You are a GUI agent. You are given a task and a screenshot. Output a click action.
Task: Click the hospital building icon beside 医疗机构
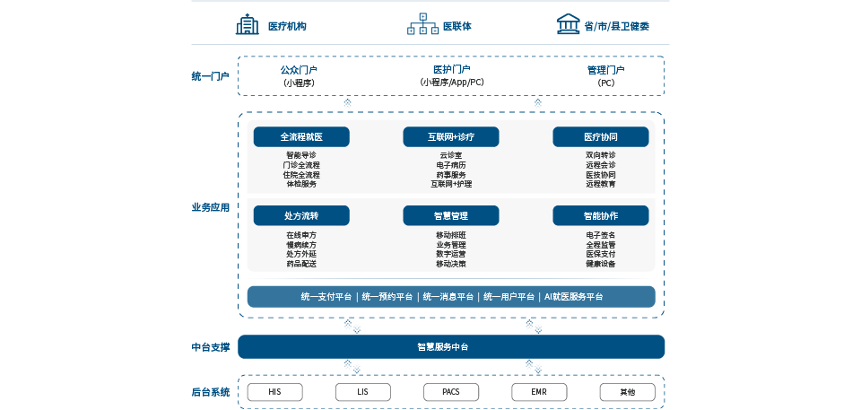click(x=247, y=24)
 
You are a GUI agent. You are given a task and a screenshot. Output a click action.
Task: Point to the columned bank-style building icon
click(x=567, y=24)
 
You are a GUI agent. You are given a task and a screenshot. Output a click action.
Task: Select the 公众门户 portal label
click(x=299, y=70)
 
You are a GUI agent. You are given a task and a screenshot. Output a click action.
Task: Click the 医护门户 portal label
click(x=451, y=70)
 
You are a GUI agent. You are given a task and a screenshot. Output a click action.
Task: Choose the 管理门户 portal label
click(x=605, y=70)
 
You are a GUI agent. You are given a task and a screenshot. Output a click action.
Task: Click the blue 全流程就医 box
click(x=301, y=137)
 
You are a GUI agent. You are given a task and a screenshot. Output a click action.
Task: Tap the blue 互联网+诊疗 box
click(x=451, y=137)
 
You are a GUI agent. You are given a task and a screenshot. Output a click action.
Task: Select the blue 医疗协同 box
click(x=600, y=137)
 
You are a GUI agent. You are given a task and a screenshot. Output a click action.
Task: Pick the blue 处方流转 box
click(x=301, y=215)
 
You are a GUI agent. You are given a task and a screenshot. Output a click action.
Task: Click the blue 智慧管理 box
click(x=451, y=215)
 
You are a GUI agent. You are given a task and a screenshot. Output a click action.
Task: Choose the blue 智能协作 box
click(x=600, y=215)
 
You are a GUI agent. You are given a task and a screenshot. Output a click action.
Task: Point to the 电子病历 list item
click(x=451, y=165)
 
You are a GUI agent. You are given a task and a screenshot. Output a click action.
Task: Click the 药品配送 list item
click(x=301, y=264)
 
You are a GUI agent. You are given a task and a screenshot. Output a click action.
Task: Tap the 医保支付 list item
click(x=600, y=254)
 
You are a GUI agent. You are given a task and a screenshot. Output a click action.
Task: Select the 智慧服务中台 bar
click(x=451, y=346)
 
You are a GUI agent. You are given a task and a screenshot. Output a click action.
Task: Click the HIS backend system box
click(x=275, y=392)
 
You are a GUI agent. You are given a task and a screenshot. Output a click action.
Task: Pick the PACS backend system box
click(x=451, y=392)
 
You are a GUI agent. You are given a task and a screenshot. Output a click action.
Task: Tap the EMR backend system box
click(x=539, y=392)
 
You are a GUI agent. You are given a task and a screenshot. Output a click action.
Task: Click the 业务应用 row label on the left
click(x=211, y=207)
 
